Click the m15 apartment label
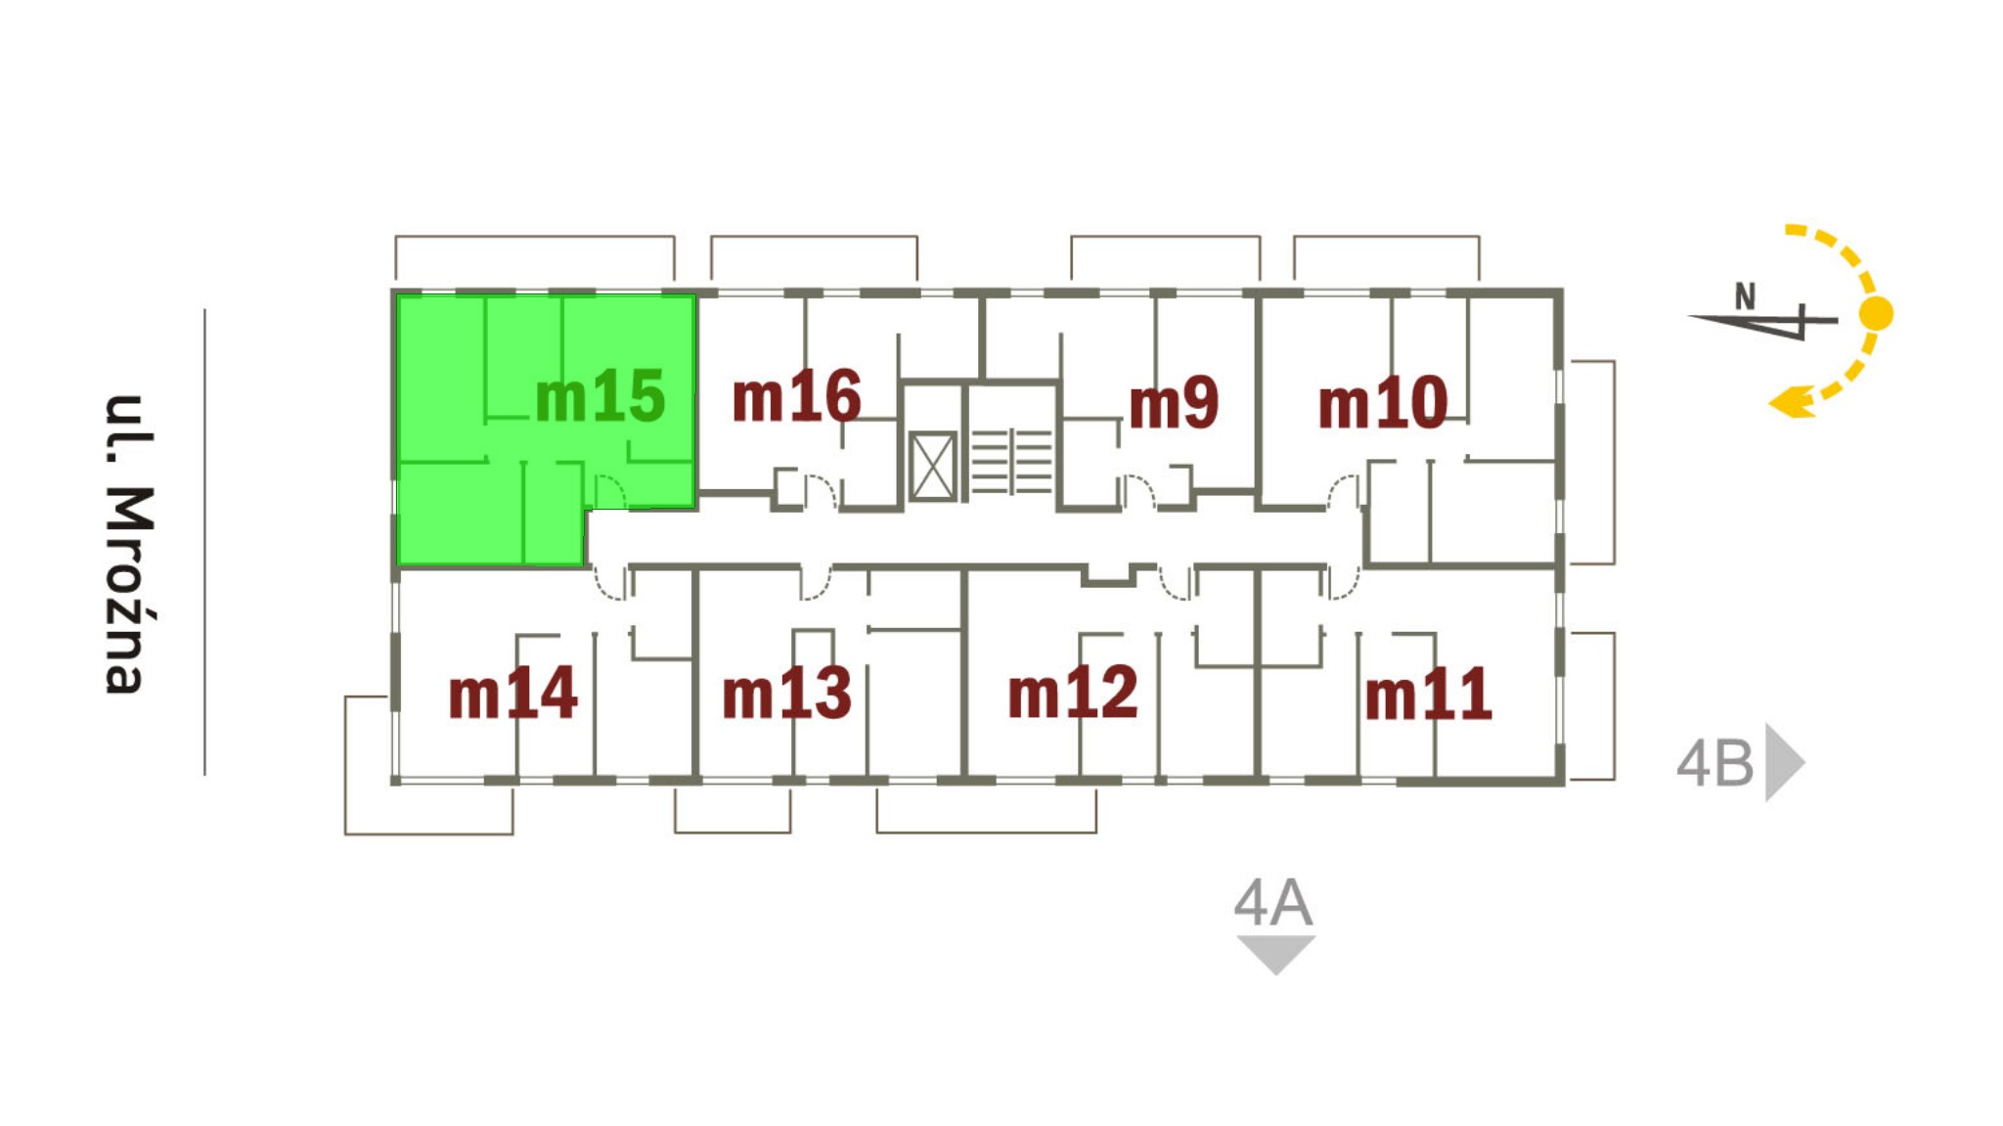(600, 396)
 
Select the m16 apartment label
(796, 396)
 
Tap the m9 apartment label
(1174, 402)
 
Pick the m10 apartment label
(1382, 402)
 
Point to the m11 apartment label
(1428, 694)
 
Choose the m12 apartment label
(1073, 692)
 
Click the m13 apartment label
(786, 693)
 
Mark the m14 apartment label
(512, 693)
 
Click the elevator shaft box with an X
(932, 467)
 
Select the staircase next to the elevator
(1011, 461)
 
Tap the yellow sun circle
(1876, 314)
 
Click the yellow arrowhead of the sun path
(1793, 401)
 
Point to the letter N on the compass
(1745, 295)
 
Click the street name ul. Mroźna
(130, 544)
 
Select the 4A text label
(1272, 903)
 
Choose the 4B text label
(1715, 763)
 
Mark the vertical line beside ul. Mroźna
(204, 542)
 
